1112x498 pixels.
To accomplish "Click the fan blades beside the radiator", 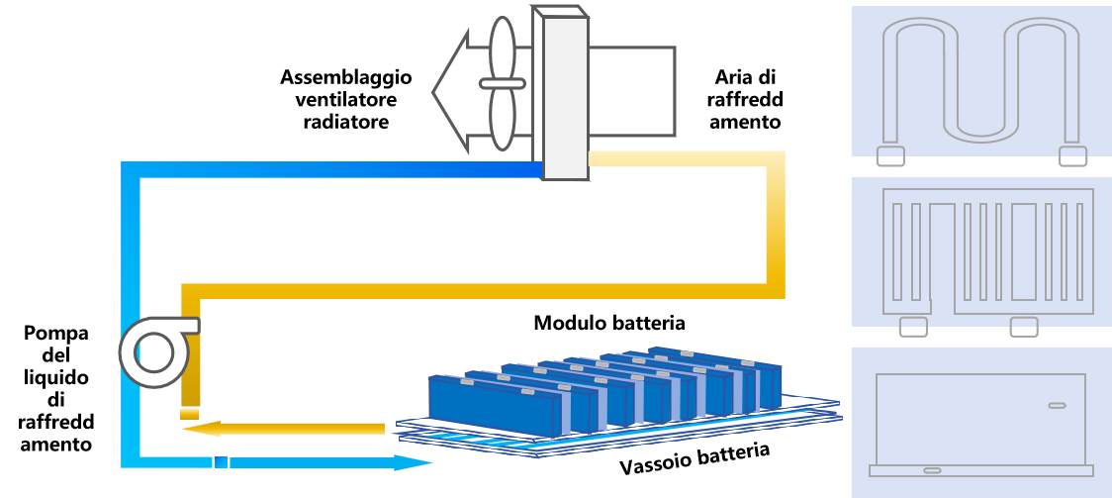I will tap(503, 83).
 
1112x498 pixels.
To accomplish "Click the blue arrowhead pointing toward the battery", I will tap(414, 462).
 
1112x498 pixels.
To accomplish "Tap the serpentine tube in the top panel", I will tap(980, 79).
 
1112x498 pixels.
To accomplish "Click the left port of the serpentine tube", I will tap(890, 156).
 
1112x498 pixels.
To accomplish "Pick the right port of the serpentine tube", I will tap(1072, 156).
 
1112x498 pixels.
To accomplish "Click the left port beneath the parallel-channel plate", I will tap(913, 327).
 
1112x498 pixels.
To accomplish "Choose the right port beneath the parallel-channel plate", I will tap(1024, 327).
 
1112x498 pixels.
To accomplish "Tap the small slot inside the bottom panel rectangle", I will tap(1057, 405).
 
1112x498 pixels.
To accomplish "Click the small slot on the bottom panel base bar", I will tap(932, 470).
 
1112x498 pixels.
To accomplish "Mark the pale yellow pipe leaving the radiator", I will tap(683, 159).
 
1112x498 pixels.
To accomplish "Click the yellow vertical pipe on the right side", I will tap(776, 228).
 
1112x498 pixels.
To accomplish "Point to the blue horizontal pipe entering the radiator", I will tap(336, 169).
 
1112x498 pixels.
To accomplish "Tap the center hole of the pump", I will tap(153, 352).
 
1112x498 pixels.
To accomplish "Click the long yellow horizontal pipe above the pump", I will tap(475, 291).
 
